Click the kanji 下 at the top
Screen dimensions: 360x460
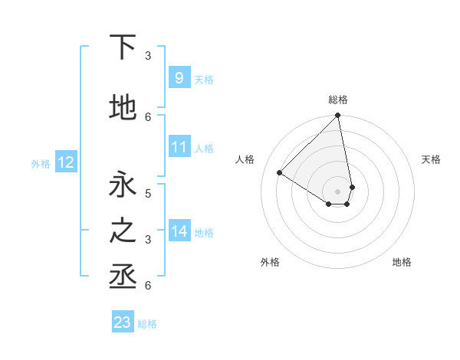point(123,47)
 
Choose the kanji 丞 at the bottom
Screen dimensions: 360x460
point(123,277)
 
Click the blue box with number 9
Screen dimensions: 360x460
point(179,77)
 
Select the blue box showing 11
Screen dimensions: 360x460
point(179,147)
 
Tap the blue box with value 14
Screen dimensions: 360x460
point(179,231)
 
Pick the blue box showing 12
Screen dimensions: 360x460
point(65,162)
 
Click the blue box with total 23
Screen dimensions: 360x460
point(122,322)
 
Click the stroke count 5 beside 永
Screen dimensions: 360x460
point(148,194)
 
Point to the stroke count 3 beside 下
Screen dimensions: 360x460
point(148,56)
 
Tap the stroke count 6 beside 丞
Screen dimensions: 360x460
point(148,286)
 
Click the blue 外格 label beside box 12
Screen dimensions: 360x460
point(41,163)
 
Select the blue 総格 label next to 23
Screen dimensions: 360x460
point(147,324)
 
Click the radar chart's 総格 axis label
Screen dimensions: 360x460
point(338,100)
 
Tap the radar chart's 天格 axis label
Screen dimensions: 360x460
point(432,159)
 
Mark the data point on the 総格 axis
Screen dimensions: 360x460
point(338,116)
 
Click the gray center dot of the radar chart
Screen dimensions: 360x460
point(338,190)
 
